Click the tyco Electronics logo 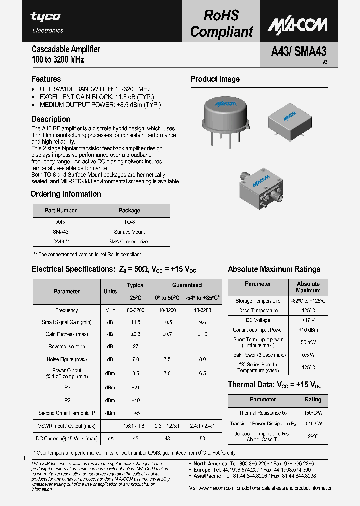48,22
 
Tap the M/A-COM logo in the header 297,25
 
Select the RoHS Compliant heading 221,23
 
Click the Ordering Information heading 66,194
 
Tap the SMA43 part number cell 60,232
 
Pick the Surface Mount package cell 129,232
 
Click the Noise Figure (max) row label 66,359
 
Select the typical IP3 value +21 135,387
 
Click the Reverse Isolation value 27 135,346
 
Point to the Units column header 110,291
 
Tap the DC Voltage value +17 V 308,320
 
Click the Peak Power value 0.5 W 308,355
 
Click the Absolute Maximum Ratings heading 274,269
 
